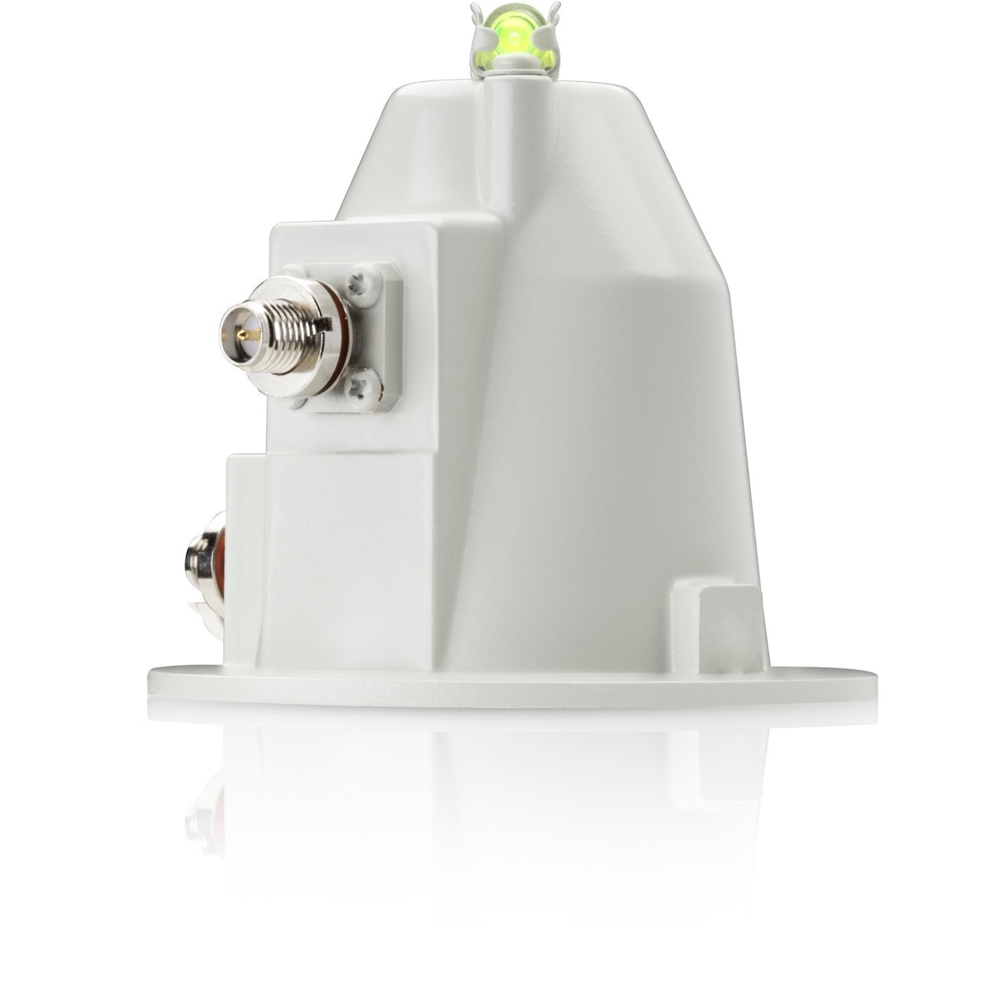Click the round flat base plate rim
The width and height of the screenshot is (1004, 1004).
502,686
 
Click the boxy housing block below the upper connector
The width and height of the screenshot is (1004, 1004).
315,556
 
